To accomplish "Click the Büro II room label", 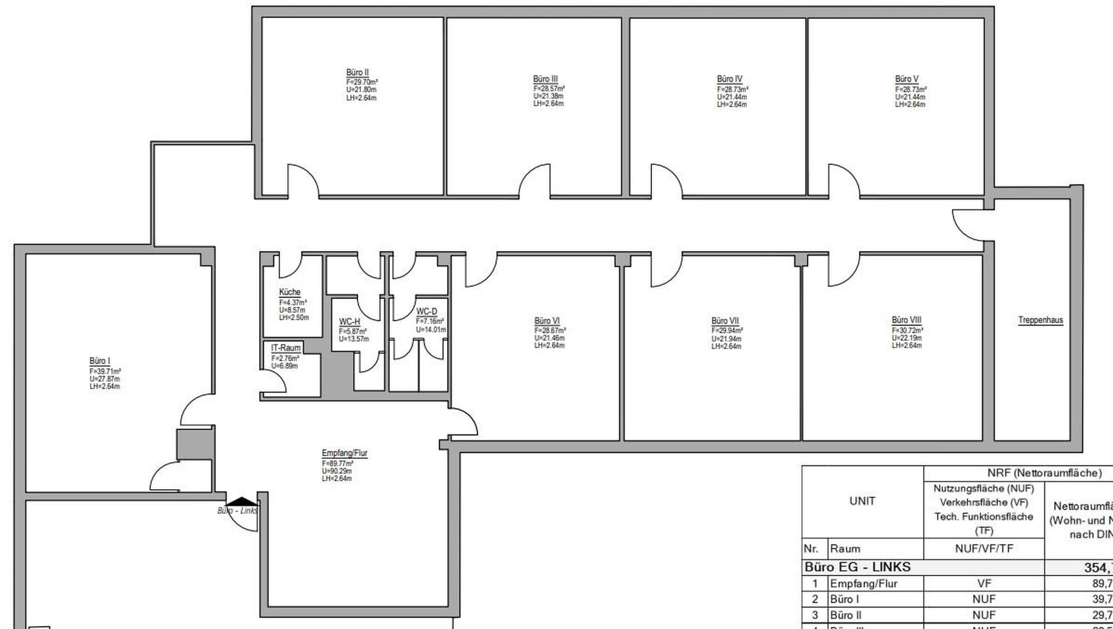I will coord(357,73).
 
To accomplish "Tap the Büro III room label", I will coord(545,79).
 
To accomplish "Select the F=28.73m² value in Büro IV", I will coord(732,90).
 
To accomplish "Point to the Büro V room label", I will coord(906,79).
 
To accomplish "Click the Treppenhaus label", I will coord(1040,320).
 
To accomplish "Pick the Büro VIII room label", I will coord(906,320).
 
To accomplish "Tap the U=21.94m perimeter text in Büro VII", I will coord(726,338).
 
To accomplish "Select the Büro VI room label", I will coord(547,321).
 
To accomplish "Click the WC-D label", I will coord(426,312).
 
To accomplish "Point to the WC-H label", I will coord(349,322).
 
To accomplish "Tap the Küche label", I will coord(289,292).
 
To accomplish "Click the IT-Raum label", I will coord(286,348).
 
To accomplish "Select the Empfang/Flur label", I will coord(344,453).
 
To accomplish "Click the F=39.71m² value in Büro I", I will coord(105,371).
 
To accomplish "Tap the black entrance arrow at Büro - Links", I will coord(241,501).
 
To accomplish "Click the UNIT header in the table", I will coord(862,501).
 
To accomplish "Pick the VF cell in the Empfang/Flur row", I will coord(984,584).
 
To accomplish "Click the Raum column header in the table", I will coord(845,549).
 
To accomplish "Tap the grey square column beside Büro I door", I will coord(195,444).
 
